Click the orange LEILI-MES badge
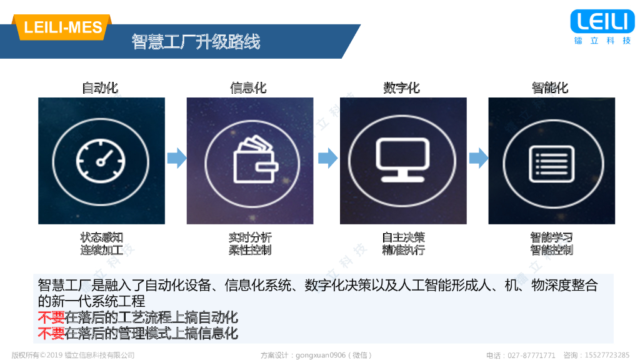(x=62, y=27)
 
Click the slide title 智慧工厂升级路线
(x=196, y=42)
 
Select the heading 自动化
(x=100, y=87)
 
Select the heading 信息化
(x=249, y=87)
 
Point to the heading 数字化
(x=401, y=87)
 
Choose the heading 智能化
(x=550, y=87)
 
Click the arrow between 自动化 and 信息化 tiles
(x=177, y=157)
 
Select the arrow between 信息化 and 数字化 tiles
(x=327, y=157)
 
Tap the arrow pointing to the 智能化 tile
(x=478, y=157)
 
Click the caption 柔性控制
(x=250, y=250)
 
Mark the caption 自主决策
(x=404, y=237)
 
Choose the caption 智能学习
(x=551, y=237)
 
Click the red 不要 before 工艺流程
(x=51, y=317)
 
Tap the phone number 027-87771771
(x=530, y=355)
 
